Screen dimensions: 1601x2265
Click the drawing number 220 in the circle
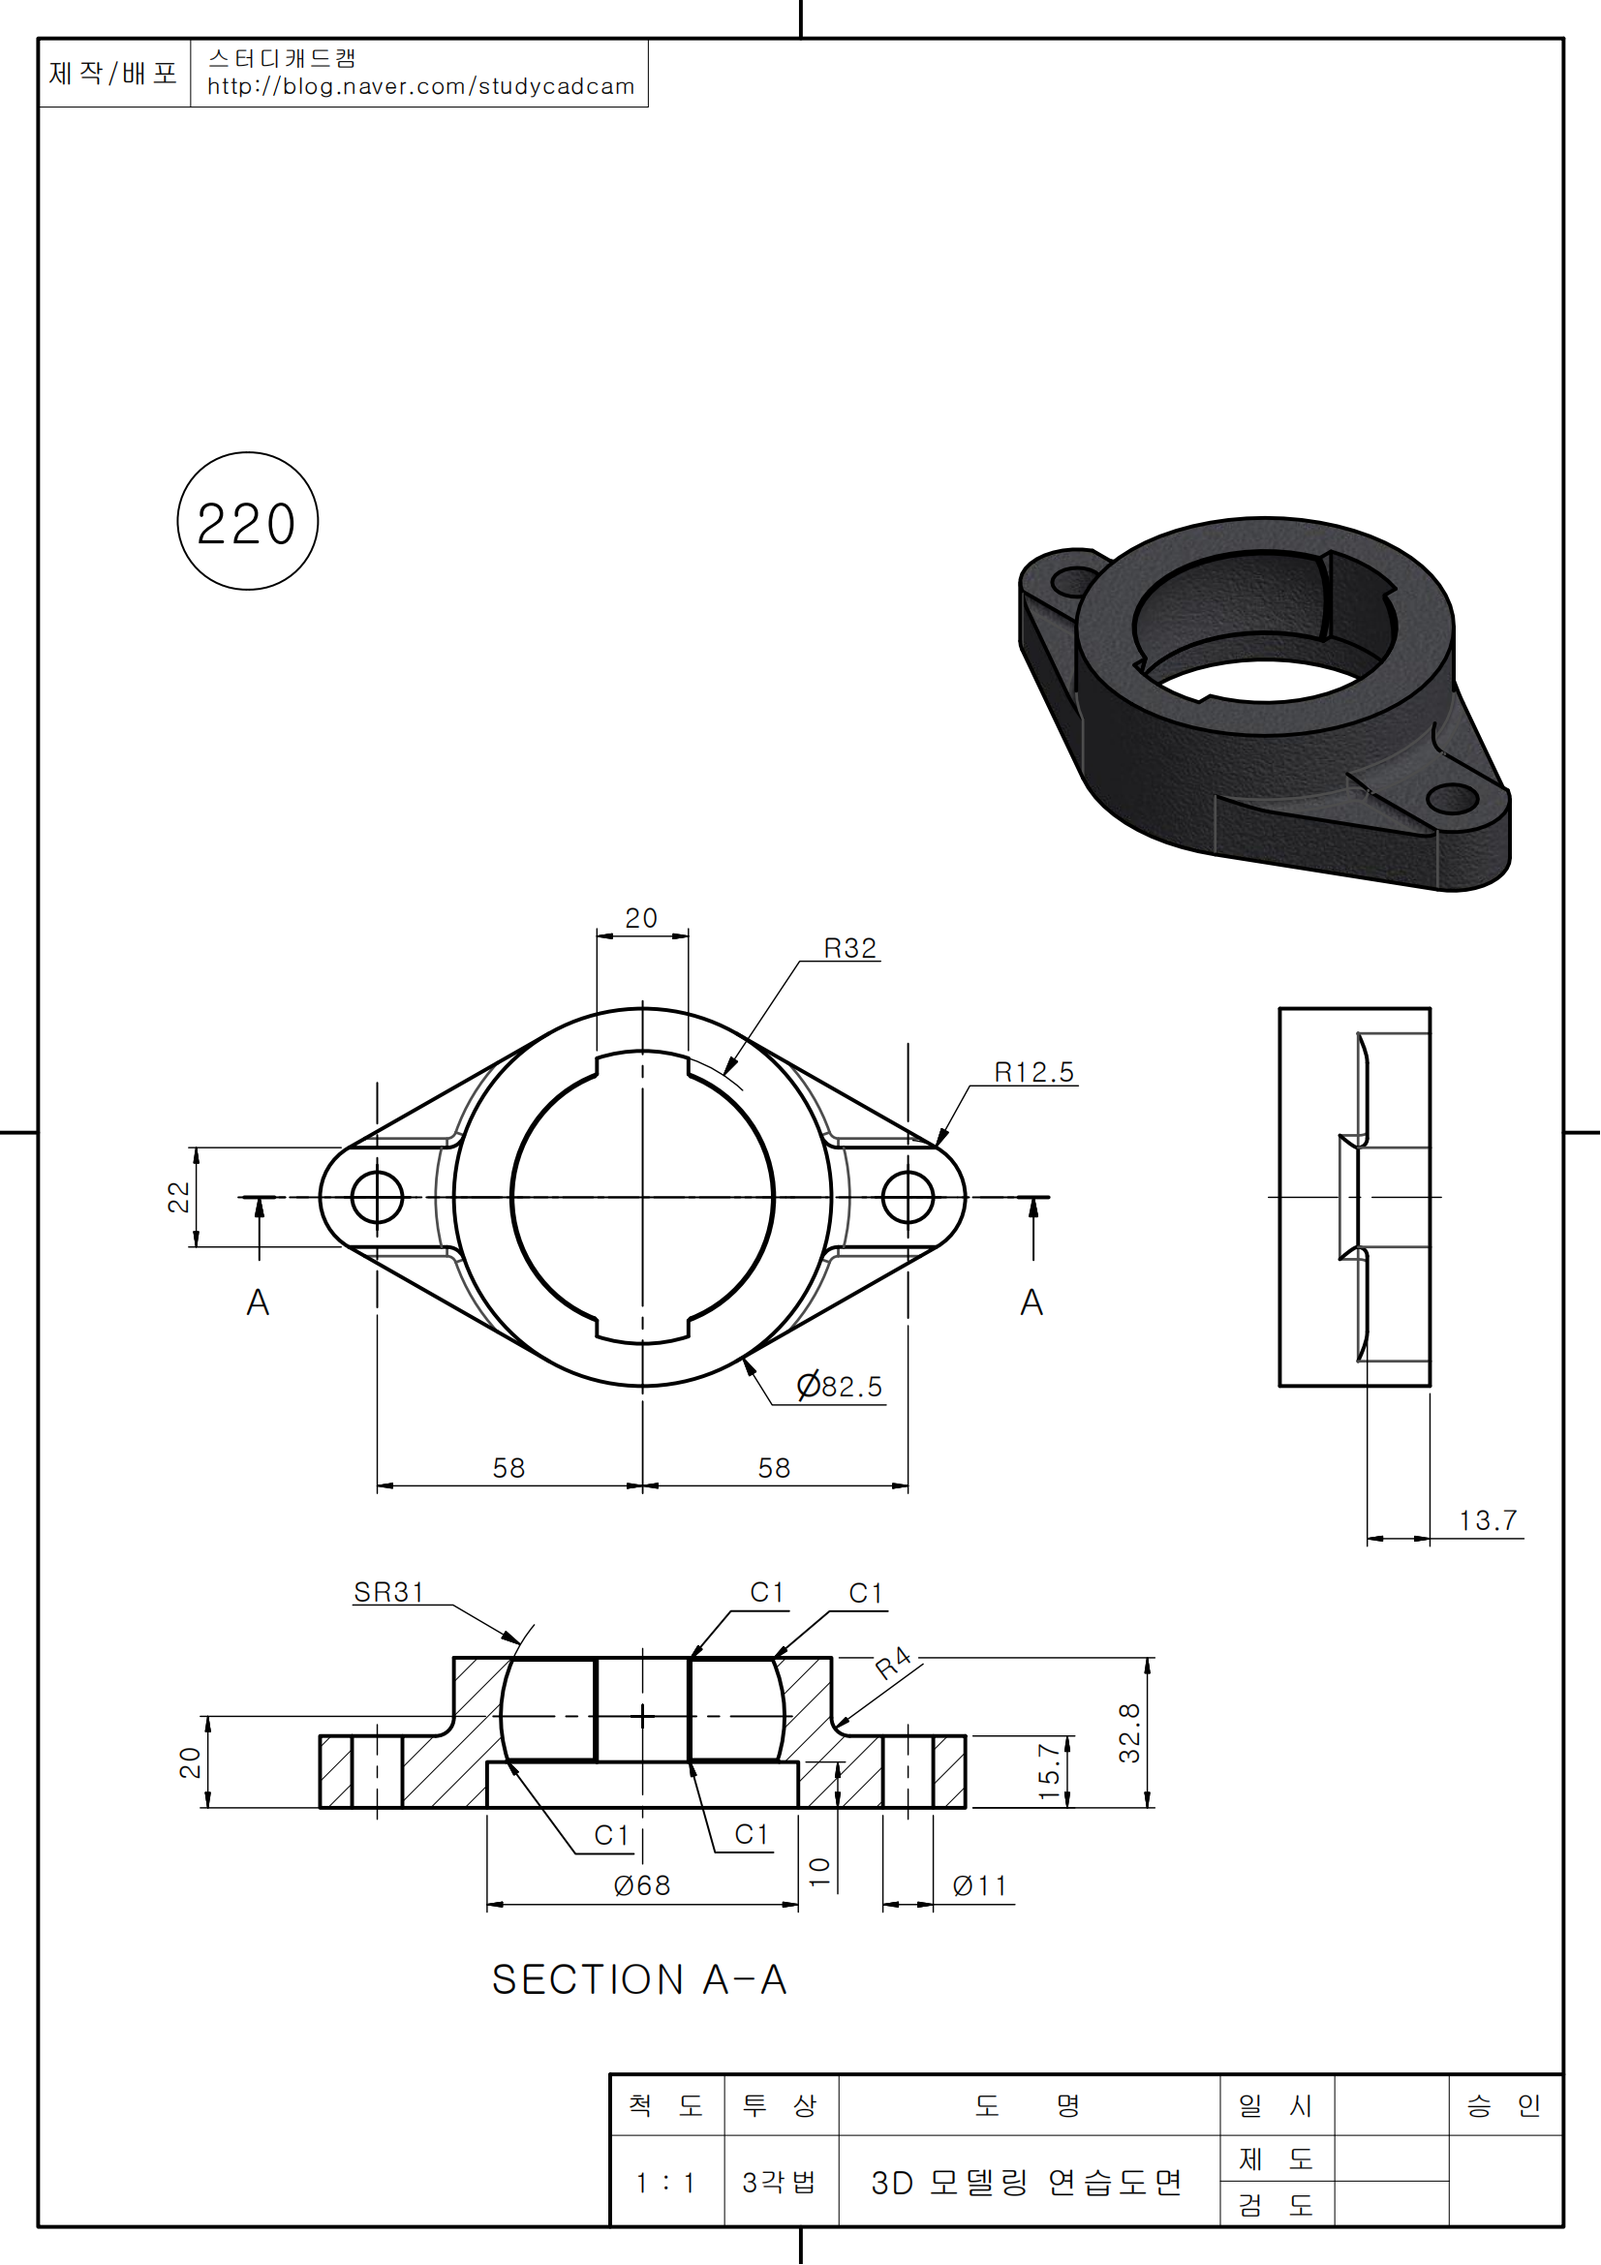(x=247, y=523)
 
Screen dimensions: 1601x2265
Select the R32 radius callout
(x=850, y=948)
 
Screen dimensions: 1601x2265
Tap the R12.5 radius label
(x=1033, y=1072)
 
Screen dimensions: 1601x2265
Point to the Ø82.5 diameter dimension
(x=840, y=1386)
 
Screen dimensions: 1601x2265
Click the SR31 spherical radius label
(x=388, y=1593)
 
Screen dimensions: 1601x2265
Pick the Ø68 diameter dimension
(x=642, y=1886)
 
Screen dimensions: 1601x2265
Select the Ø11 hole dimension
(x=979, y=1886)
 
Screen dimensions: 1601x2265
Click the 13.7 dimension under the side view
(x=1489, y=1520)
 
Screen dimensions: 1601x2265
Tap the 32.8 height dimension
(x=1129, y=1733)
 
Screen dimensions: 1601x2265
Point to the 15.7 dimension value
(x=1050, y=1772)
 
